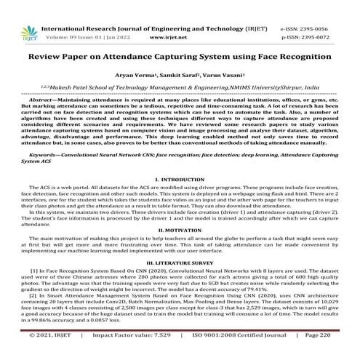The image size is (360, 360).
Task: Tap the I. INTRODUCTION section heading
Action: click(180, 178)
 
